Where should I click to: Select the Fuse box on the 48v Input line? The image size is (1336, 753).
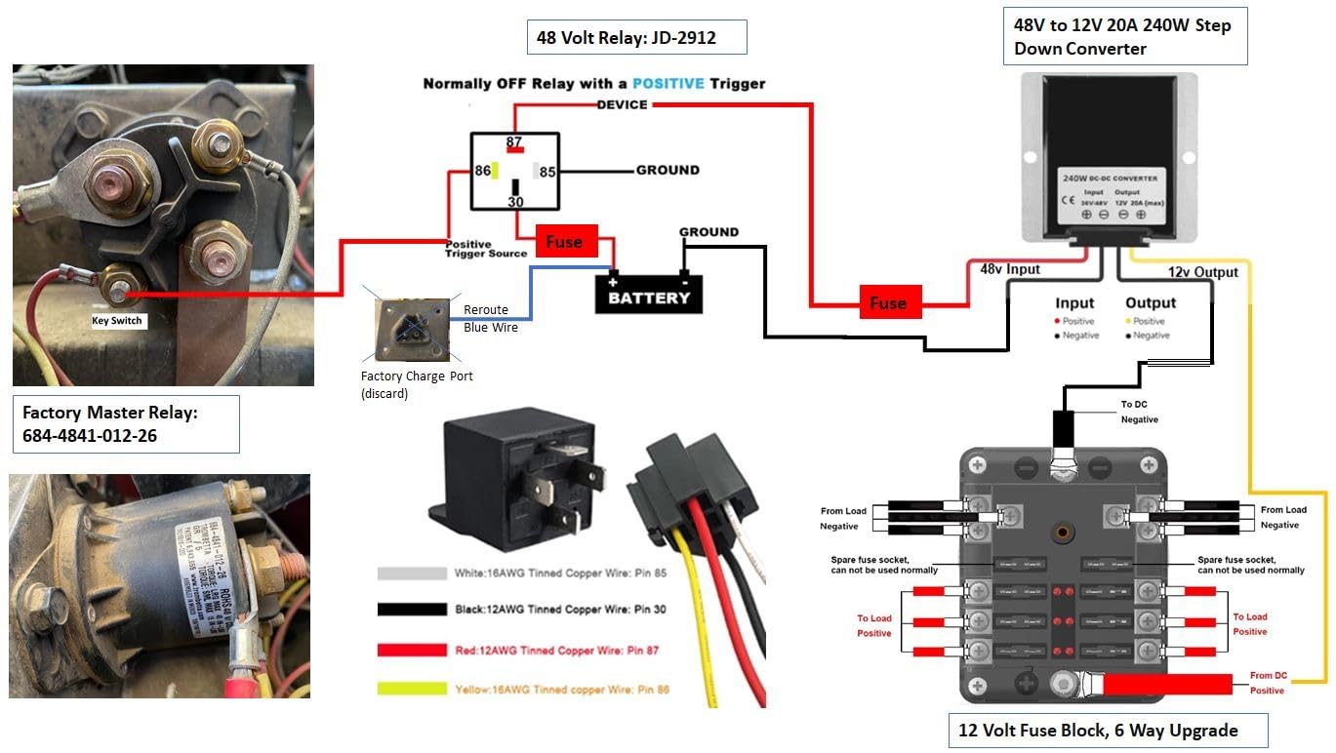[887, 303]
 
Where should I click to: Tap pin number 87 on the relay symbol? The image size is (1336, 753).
[514, 142]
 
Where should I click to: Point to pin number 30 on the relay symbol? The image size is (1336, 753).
[515, 202]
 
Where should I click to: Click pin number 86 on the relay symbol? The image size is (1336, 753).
[482, 171]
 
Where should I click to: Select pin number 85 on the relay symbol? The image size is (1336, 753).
[547, 172]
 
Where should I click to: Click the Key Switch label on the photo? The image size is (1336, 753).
[117, 320]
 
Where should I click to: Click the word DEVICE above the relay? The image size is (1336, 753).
[622, 104]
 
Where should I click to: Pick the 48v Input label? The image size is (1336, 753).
[1003, 269]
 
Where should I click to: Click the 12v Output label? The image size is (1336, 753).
[1202, 272]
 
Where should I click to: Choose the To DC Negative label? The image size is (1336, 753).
[1139, 412]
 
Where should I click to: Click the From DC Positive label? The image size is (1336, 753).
[1267, 683]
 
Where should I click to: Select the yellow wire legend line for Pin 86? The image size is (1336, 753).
[523, 690]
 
